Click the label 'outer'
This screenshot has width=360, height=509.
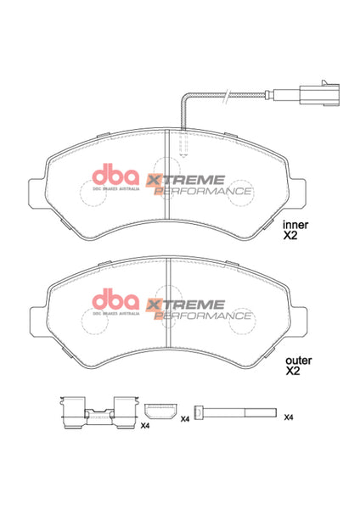click(298, 359)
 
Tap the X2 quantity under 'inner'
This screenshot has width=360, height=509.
click(292, 238)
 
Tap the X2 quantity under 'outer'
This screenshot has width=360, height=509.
click(292, 372)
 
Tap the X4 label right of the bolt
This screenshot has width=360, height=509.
click(289, 417)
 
